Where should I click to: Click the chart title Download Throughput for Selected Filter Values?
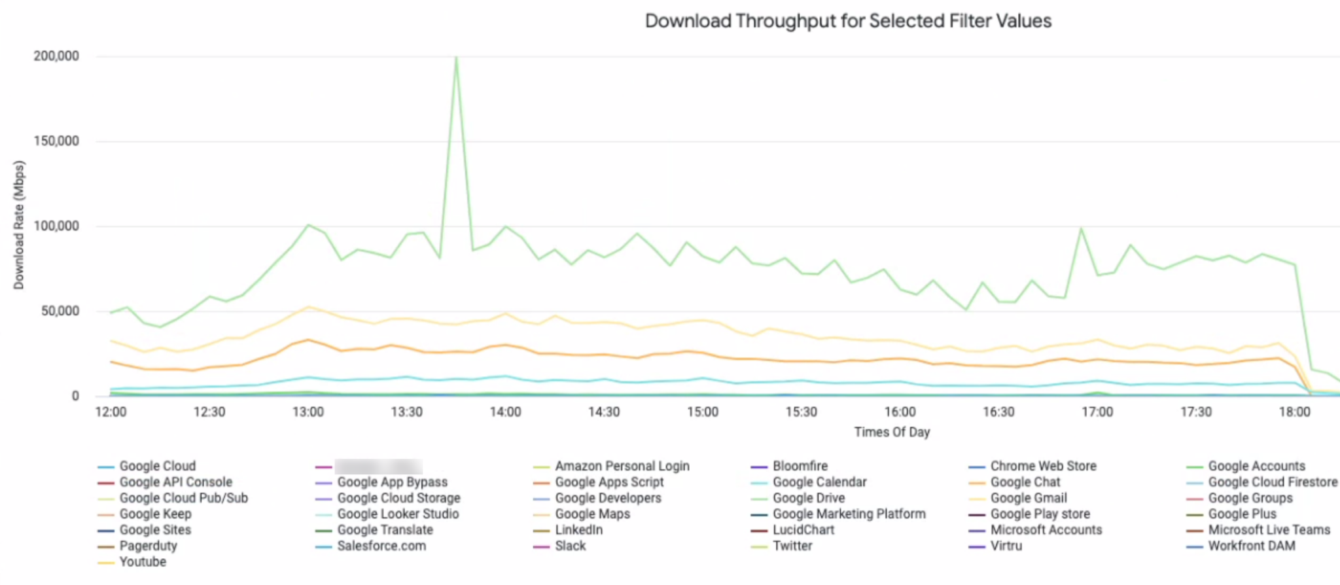848,21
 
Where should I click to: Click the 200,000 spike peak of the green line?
456,58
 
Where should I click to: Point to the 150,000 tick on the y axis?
56,141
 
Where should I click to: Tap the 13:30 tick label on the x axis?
406,412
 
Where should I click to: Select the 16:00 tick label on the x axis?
900,412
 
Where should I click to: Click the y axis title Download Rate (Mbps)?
18,225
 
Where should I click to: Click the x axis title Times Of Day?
892,432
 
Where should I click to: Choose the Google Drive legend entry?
808,498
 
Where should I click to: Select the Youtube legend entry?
142,562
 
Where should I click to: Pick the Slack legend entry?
570,546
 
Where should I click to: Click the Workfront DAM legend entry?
1251,546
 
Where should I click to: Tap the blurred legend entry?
378,467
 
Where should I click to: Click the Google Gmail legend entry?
1028,498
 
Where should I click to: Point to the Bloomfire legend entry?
800,466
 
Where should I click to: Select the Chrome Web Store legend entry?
1043,466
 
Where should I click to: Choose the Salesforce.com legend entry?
381,546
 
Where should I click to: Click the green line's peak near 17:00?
1081,228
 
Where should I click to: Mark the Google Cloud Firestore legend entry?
1272,482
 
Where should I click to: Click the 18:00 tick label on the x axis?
1294,412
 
